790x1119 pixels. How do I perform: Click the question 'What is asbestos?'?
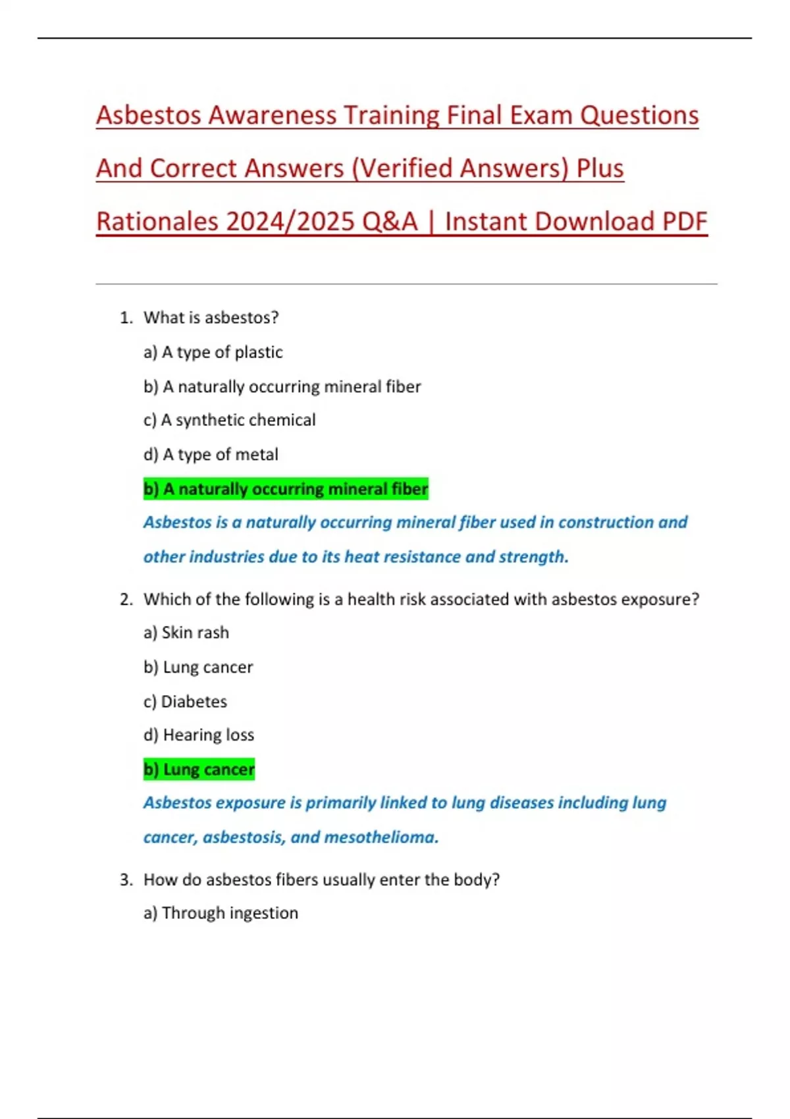(x=211, y=318)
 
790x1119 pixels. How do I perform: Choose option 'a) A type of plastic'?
(x=213, y=352)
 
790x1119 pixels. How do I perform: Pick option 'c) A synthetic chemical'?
(x=229, y=420)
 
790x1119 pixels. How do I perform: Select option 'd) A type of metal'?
(x=211, y=454)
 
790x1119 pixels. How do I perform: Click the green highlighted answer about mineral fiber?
(x=286, y=489)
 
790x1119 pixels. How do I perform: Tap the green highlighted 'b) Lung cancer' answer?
(x=199, y=769)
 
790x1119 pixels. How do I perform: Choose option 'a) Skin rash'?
(x=186, y=633)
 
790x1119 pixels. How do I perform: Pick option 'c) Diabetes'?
(x=185, y=702)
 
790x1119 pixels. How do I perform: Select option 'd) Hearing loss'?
(x=199, y=735)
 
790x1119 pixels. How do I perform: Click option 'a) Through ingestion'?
(x=221, y=913)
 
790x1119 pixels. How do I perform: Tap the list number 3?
(x=126, y=880)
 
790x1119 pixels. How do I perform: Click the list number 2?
(x=126, y=600)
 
